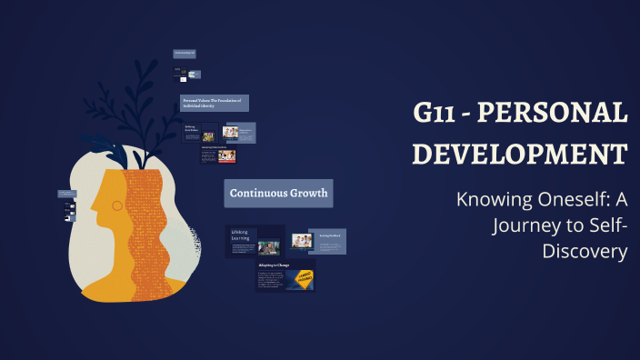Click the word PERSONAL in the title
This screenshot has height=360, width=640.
tap(553, 114)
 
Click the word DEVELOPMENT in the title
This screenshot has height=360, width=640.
tap(519, 153)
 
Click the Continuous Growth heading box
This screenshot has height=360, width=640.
tap(278, 193)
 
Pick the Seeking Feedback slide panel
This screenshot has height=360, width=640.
tap(327, 240)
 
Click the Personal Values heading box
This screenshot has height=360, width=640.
tap(215, 103)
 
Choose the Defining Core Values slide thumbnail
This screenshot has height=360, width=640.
tap(200, 134)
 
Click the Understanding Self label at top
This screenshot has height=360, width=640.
tap(185, 54)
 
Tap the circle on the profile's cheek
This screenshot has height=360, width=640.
tap(116, 206)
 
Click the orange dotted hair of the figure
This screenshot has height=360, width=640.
tap(145, 227)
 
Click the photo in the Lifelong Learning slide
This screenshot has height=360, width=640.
tap(268, 246)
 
